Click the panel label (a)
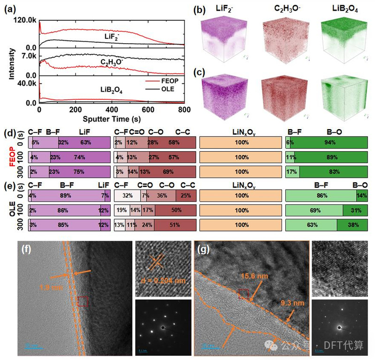[x=11, y=8]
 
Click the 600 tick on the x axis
[x=148, y=109]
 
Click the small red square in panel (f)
[x=82, y=301]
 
